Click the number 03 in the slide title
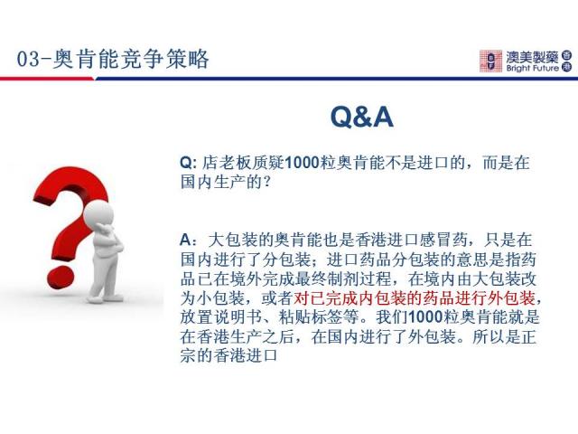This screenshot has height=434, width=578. click(28, 59)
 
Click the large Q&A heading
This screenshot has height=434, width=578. click(362, 117)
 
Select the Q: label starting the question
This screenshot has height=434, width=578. click(188, 163)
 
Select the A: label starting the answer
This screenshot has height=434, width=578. click(189, 241)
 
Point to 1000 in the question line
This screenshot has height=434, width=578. click(303, 163)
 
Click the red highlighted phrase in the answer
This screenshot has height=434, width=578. click(415, 298)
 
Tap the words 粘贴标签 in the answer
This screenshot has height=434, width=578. click(311, 317)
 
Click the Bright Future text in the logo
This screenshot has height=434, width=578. click(532, 69)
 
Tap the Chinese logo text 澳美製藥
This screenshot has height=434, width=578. click(532, 57)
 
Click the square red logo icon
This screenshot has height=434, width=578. click(490, 61)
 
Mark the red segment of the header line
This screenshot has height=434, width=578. click(47, 79)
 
